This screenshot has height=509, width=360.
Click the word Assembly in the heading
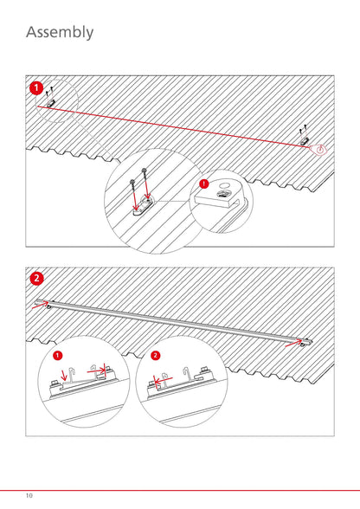click(60, 33)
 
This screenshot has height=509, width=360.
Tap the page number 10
click(29, 495)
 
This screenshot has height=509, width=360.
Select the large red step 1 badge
click(36, 88)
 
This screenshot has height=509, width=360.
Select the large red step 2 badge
click(36, 279)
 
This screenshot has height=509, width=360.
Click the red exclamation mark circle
click(204, 184)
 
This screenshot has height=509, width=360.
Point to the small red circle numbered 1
click(57, 356)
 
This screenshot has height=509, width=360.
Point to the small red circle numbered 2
click(156, 356)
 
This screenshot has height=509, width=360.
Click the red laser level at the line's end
click(318, 149)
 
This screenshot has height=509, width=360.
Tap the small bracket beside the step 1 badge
click(51, 103)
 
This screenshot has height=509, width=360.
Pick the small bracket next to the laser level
click(304, 141)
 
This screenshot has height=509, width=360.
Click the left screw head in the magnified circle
click(132, 181)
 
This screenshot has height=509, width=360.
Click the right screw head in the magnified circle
click(144, 170)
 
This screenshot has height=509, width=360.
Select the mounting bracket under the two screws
click(143, 206)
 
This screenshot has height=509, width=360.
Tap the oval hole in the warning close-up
click(223, 185)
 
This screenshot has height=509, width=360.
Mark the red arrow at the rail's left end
click(41, 305)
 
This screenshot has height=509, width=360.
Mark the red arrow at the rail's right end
click(293, 343)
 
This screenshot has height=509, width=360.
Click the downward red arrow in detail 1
click(64, 375)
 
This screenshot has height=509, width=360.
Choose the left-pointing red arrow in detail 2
click(163, 379)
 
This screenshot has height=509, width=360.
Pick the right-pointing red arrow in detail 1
click(96, 370)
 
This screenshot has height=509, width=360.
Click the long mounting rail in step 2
click(174, 320)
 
